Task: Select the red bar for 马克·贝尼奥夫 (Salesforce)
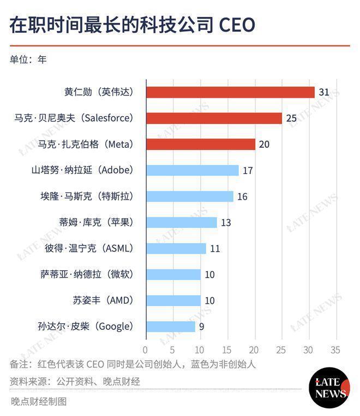[214, 118]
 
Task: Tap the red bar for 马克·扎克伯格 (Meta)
[200, 144]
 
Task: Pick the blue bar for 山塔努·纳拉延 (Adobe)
[192, 171]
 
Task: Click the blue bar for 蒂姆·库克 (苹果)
[181, 222]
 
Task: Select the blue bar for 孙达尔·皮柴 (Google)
[170, 327]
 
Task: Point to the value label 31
[324, 92]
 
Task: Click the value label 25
[291, 118]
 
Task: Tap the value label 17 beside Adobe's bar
[248, 171]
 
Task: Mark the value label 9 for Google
[201, 327]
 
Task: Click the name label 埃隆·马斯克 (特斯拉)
[87, 196]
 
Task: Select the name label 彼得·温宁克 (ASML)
[88, 249]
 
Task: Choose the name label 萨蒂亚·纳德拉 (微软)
[87, 274]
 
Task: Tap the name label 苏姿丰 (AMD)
[103, 300]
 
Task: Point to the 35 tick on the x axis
[335, 349]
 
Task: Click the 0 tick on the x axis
[146, 349]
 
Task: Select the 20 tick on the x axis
[254, 349]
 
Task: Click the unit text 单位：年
[28, 59]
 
